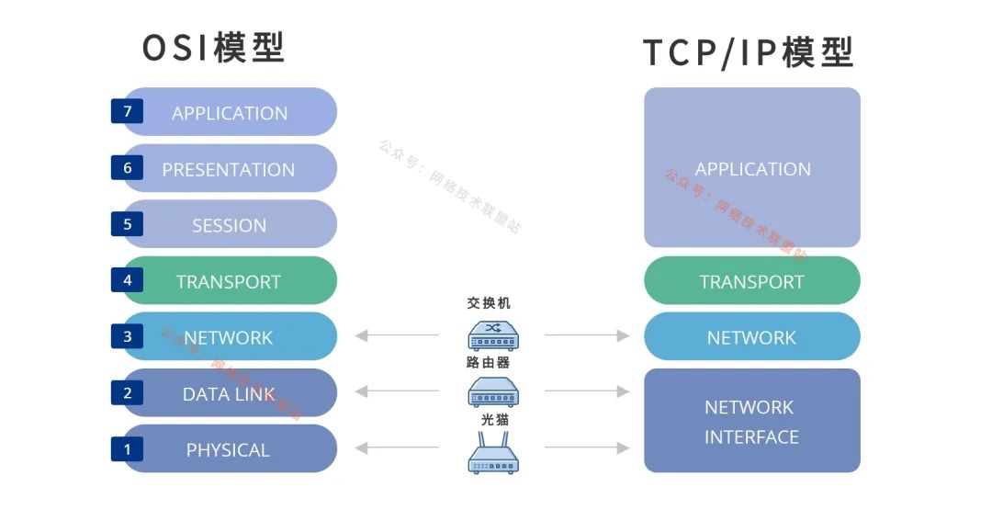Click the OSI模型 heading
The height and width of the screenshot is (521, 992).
coord(214,48)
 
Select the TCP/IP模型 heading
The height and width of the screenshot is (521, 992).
coord(749,52)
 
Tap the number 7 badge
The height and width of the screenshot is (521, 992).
coord(127,111)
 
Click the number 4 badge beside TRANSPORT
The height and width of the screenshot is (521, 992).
coord(127,280)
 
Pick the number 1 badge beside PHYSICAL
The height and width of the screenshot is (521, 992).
coord(127,449)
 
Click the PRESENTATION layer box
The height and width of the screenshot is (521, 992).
coord(230,169)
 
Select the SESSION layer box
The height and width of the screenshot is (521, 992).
coord(230,225)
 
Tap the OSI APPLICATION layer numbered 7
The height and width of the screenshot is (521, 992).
coord(230,113)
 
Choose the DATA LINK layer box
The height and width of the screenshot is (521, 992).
coord(230,394)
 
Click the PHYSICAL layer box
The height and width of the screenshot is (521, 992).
coord(230,450)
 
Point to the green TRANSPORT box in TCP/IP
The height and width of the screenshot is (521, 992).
coord(751,281)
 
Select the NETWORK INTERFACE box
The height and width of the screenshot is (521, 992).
coord(751,422)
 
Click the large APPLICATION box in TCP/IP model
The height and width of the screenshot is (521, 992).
coord(751,168)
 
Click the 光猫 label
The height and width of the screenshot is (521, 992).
coord(495,420)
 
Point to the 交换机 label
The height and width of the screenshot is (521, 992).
coord(488,303)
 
